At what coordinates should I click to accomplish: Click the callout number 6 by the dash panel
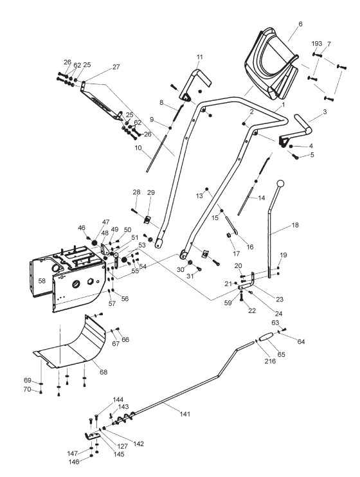tap(300, 24)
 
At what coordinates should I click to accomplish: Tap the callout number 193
tap(317, 44)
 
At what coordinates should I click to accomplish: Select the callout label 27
tap(116, 67)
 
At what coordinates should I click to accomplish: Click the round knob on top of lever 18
tap(280, 184)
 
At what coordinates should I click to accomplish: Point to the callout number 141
tap(185, 414)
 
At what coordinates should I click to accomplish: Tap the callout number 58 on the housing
tap(42, 281)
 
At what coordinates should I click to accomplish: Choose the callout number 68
tap(104, 372)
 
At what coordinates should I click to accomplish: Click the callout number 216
tap(270, 361)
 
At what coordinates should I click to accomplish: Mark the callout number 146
tap(74, 462)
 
